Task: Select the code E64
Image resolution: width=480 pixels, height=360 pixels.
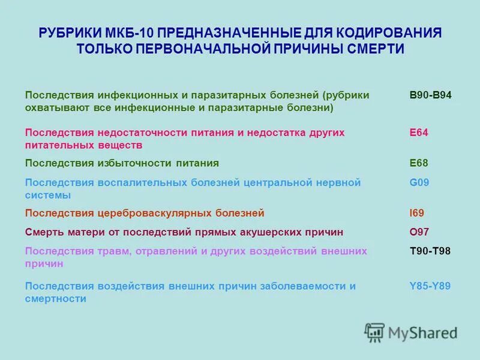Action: pos(419,132)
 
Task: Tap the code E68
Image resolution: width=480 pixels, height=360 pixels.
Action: pos(419,163)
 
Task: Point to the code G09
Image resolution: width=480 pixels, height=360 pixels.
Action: pos(419,182)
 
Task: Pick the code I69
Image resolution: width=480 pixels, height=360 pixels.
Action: pos(416,213)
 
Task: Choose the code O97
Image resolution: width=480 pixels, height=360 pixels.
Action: pos(419,232)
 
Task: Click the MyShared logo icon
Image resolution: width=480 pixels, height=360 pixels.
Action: pos(374,331)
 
